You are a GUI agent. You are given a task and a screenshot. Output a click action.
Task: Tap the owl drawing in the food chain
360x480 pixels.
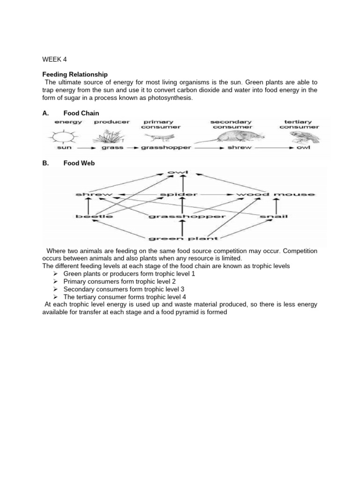coord(300,137)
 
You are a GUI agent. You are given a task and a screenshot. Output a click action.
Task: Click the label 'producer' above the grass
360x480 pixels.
coord(112,122)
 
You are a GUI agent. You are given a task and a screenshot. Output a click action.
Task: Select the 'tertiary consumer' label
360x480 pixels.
coord(299,124)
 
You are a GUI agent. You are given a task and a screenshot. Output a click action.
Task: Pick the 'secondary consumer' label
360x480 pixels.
coord(231,124)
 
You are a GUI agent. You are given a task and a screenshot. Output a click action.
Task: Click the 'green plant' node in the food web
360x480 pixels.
coord(183,238)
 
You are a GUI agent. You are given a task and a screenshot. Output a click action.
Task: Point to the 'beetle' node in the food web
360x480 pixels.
coord(94,216)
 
